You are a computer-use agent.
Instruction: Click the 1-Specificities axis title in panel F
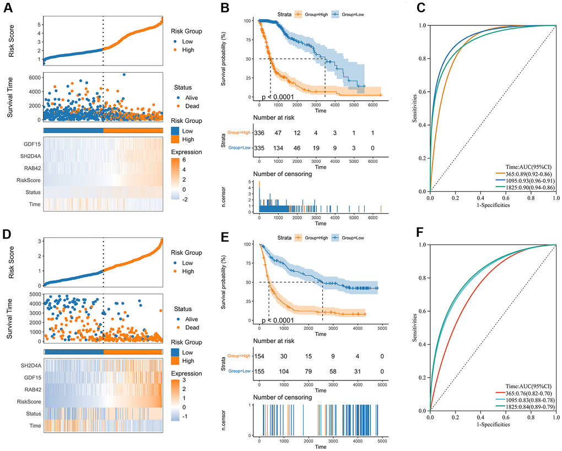pos(493,427)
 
